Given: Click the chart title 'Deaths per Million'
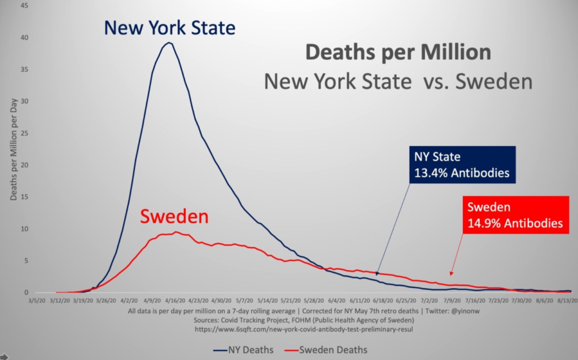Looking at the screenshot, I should click(x=398, y=53).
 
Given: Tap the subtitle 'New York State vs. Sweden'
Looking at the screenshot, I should click(x=398, y=82).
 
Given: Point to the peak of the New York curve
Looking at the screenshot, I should click(x=168, y=43).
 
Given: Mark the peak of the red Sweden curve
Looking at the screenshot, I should click(x=176, y=232).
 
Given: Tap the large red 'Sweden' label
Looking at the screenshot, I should click(x=174, y=216).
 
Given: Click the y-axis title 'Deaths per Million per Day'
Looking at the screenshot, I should click(x=14, y=148).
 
